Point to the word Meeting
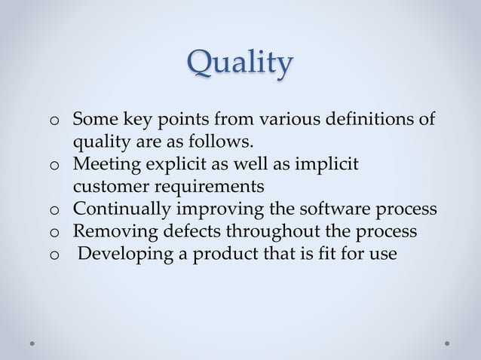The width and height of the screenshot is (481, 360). click(x=106, y=164)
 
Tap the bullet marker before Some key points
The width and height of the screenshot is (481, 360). click(x=54, y=121)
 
